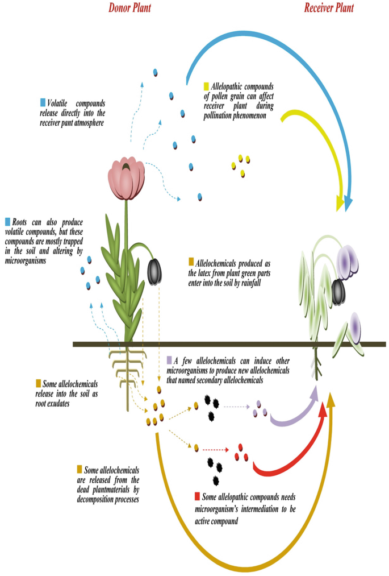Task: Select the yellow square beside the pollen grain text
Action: (x=207, y=86)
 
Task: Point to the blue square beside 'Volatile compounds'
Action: (x=43, y=103)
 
